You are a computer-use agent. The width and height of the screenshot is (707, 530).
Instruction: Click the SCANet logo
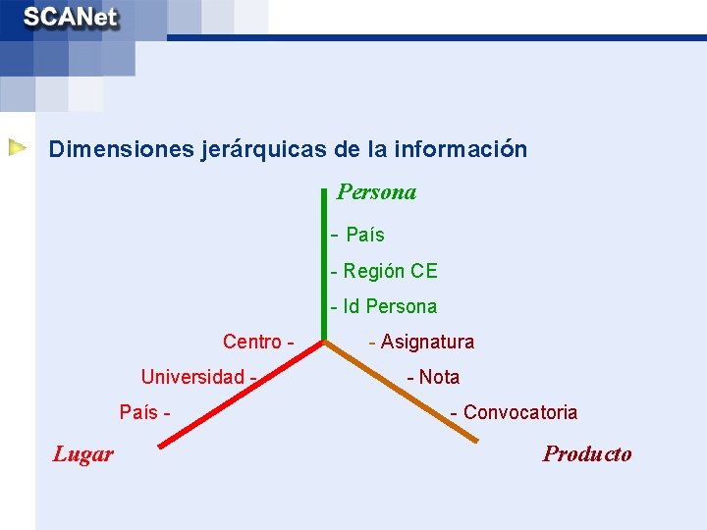point(71,19)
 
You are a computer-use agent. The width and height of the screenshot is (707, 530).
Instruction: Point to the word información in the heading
point(461,149)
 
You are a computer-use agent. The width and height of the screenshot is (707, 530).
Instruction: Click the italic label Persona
point(376,192)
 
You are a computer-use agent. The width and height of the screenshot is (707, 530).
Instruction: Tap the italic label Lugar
point(82,453)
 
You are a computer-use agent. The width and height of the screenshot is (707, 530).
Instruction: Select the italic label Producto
point(587,453)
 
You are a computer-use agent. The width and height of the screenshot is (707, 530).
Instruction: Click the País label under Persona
point(364,235)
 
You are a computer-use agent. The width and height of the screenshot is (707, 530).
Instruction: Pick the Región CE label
point(389,271)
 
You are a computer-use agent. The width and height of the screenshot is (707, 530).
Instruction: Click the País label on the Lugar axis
point(138,412)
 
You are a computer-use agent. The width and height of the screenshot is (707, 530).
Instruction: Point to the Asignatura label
point(426,342)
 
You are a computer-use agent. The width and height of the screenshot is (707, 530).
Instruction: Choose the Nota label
point(438,377)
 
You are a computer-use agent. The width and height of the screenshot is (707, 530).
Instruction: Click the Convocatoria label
point(519,412)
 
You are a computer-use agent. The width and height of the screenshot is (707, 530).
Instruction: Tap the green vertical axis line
point(323,265)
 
